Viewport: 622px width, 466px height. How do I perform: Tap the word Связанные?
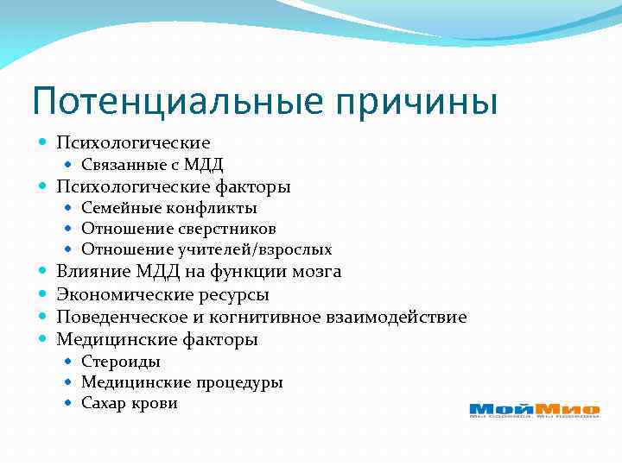120,165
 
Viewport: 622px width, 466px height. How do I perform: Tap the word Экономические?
125,294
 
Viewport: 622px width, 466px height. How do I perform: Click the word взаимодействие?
397,317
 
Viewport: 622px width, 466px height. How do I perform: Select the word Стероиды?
121,362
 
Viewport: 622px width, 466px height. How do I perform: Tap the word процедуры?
238,382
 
